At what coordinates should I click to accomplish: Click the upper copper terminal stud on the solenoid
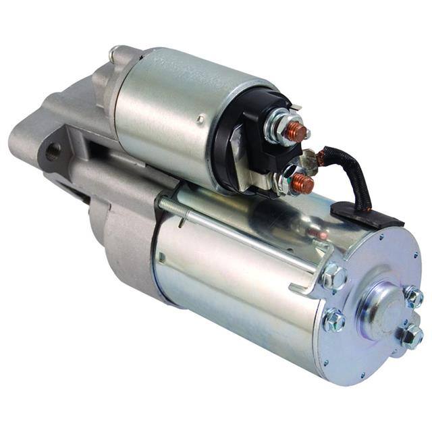tap(296, 132)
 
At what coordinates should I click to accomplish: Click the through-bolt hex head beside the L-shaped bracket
tap(333, 276)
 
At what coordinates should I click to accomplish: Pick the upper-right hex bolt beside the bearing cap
tap(413, 296)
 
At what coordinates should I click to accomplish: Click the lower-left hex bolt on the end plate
tap(333, 320)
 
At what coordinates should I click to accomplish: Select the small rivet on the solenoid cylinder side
tap(200, 119)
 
